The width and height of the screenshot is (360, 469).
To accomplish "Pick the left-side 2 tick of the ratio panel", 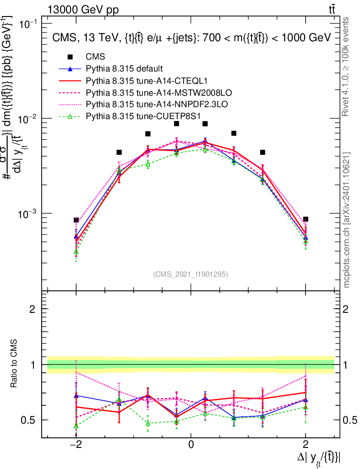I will point(33,309).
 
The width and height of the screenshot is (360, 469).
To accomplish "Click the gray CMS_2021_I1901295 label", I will point(191,274).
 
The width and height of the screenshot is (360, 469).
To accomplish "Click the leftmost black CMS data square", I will point(76,220).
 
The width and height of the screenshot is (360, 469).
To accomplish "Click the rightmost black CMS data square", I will point(305,219).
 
